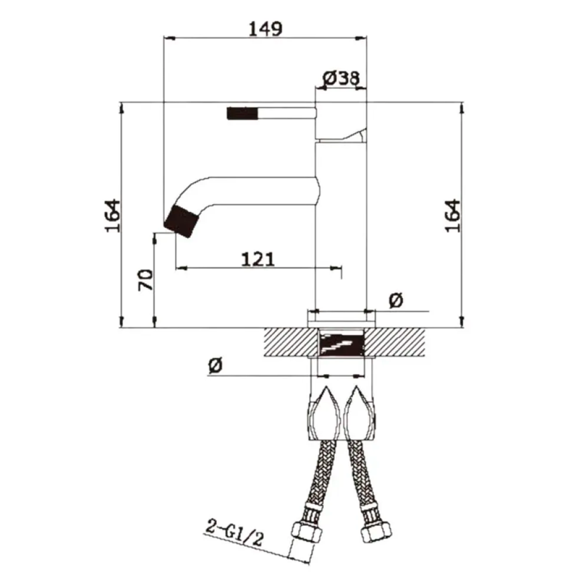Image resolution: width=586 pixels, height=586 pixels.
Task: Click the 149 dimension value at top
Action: tap(266, 29)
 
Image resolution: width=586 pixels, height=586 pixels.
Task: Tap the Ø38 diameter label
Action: tap(341, 78)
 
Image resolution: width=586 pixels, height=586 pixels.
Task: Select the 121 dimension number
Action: tap(258, 259)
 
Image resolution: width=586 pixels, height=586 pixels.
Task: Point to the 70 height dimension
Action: tap(146, 280)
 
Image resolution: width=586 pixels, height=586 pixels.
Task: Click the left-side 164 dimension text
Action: tap(113, 216)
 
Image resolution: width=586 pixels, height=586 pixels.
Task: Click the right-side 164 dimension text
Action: tap(453, 216)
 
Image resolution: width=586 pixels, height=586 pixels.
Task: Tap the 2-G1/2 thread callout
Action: tap(235, 533)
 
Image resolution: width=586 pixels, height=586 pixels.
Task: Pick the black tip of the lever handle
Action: tap(242, 113)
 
